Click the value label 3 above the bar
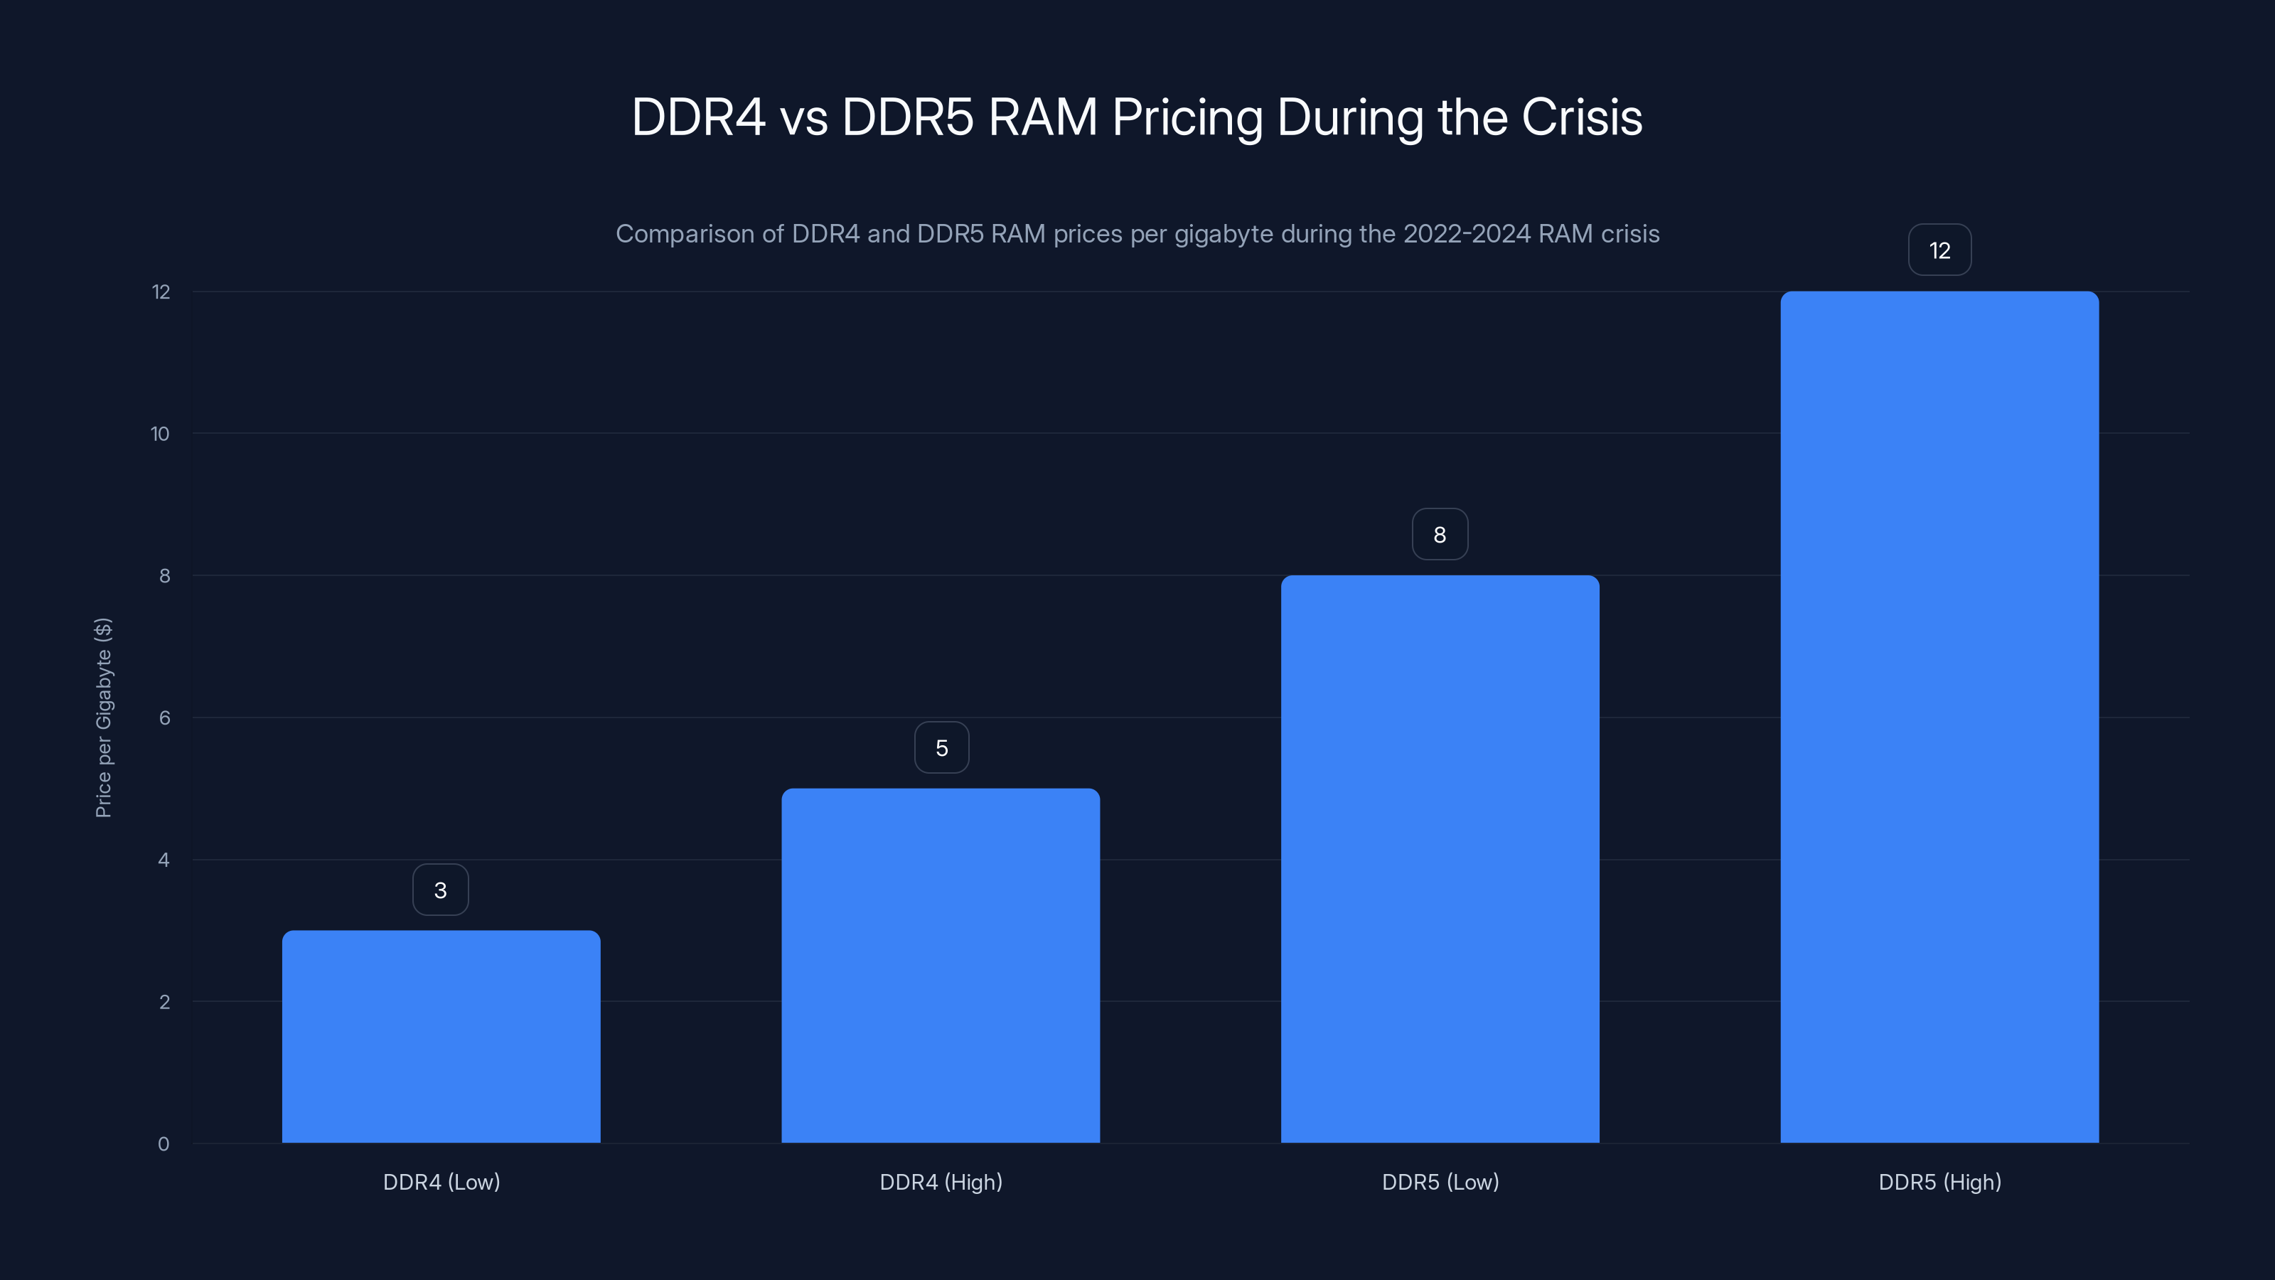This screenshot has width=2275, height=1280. pos(441,890)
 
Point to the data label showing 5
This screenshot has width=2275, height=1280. pos(941,748)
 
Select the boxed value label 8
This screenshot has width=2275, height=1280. pos(1440,535)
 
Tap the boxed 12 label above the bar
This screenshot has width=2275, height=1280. pos(1939,251)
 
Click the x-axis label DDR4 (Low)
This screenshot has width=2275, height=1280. pos(441,1182)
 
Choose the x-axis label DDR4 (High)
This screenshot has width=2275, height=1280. pos(941,1182)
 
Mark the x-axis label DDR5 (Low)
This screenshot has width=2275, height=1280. pos(1440,1182)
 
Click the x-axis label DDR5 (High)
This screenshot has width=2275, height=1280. pos(1939,1182)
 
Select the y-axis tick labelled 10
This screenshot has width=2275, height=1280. pos(160,434)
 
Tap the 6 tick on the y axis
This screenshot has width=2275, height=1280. pos(164,718)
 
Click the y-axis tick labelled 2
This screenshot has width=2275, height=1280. pos(164,1002)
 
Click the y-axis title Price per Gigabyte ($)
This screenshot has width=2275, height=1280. pos(103,718)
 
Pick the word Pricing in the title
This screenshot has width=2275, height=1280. pos(1187,117)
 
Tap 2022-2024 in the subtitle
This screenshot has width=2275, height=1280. pos(1466,234)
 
